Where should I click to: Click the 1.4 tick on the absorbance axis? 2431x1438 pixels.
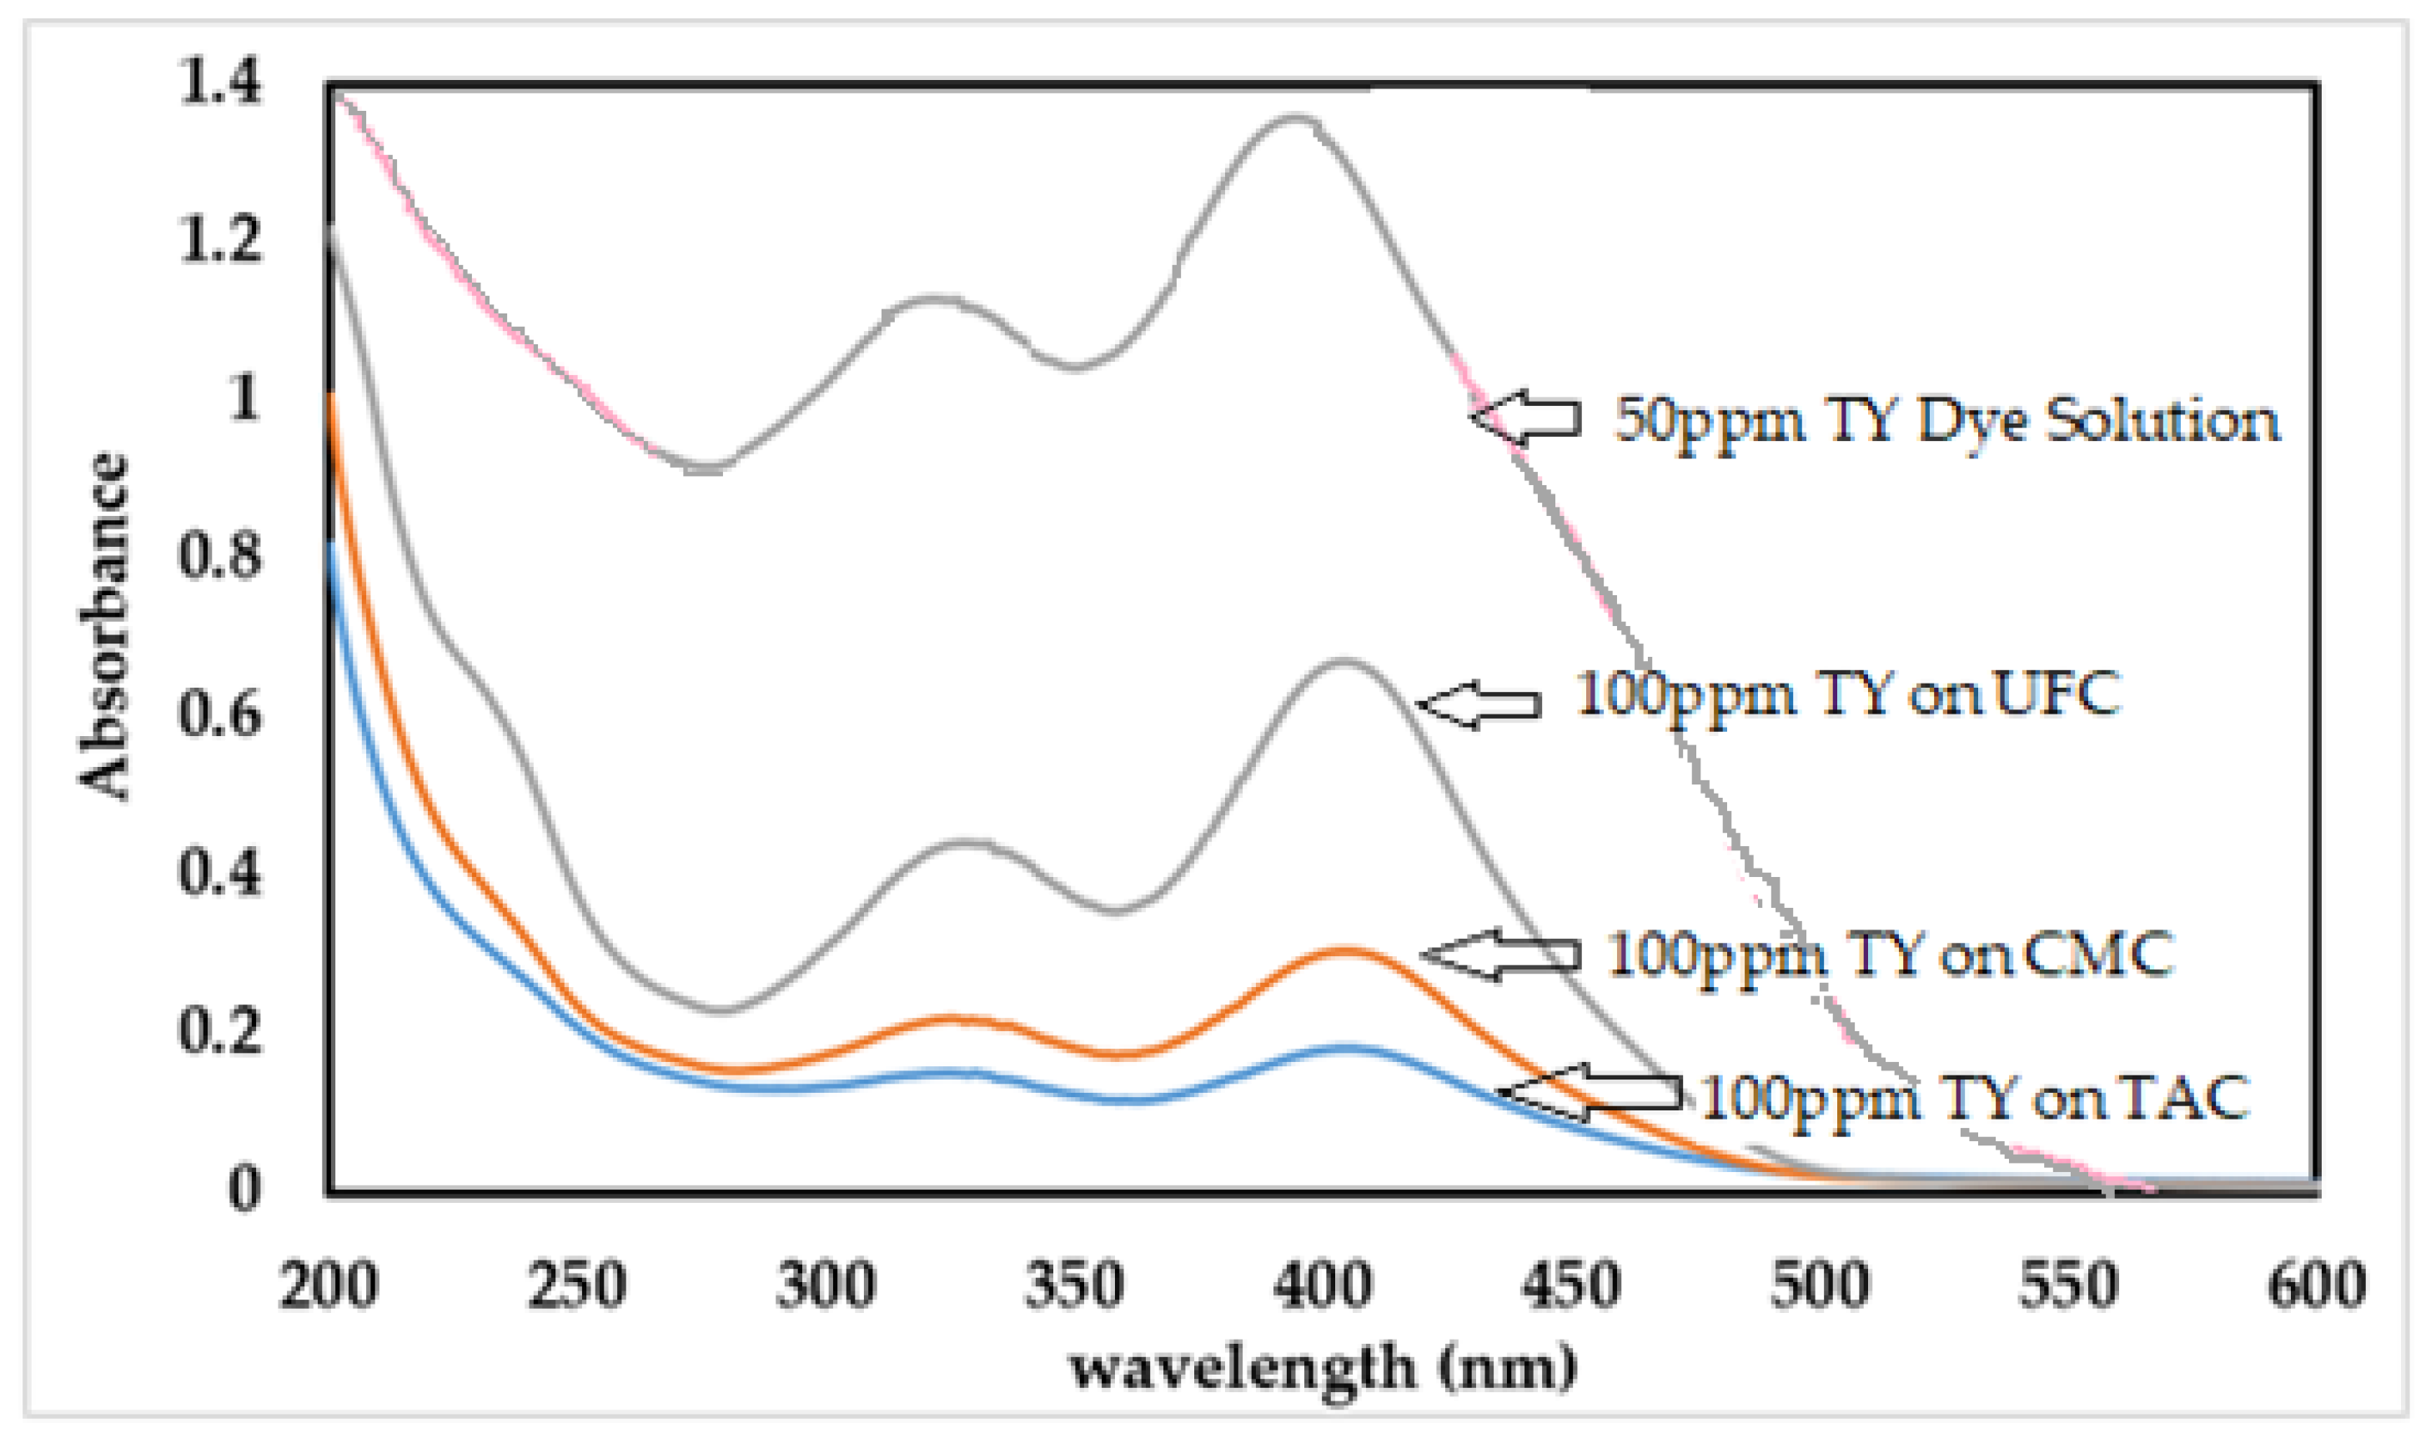coord(220,82)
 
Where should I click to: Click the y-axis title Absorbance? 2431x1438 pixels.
coord(103,625)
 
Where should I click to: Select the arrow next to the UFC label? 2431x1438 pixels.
coord(1478,704)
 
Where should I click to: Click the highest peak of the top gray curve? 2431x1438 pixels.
coord(1294,118)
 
